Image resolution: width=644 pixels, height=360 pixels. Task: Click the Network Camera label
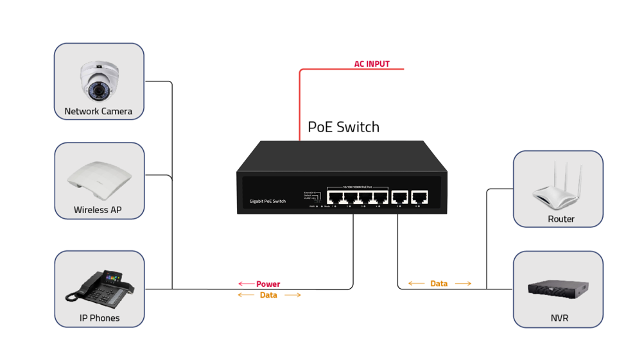pyautogui.click(x=98, y=111)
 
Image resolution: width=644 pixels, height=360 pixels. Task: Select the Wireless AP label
pyautogui.click(x=98, y=210)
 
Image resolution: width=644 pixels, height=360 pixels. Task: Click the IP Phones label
pyautogui.click(x=100, y=318)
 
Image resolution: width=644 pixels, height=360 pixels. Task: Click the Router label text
pyautogui.click(x=561, y=219)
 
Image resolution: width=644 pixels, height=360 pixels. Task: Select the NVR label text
pyautogui.click(x=559, y=318)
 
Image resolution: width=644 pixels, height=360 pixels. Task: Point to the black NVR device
pyautogui.click(x=558, y=289)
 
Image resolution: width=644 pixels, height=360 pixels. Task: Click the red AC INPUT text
pyautogui.click(x=372, y=64)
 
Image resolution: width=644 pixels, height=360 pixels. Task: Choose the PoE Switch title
pyautogui.click(x=344, y=127)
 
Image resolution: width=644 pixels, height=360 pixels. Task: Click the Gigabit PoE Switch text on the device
pyautogui.click(x=268, y=201)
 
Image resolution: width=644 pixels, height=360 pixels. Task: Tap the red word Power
pyautogui.click(x=268, y=284)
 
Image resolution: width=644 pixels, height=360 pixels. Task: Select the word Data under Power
pyautogui.click(x=268, y=295)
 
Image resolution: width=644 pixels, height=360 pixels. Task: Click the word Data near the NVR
pyautogui.click(x=439, y=283)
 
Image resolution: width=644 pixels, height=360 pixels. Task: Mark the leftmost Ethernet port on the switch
pyautogui.click(x=335, y=196)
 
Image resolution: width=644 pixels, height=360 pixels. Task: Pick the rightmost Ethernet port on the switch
pyautogui.click(x=420, y=196)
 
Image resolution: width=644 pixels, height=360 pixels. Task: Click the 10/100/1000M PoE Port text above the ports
pyautogui.click(x=358, y=186)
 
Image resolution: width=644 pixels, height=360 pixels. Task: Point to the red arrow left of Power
pyautogui.click(x=246, y=284)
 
